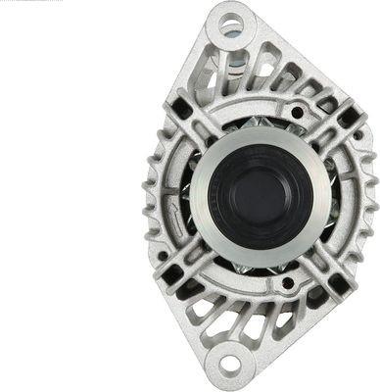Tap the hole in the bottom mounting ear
tap(231, 366)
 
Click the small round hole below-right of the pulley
tap(288, 284)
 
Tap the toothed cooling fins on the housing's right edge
tap(370, 196)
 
